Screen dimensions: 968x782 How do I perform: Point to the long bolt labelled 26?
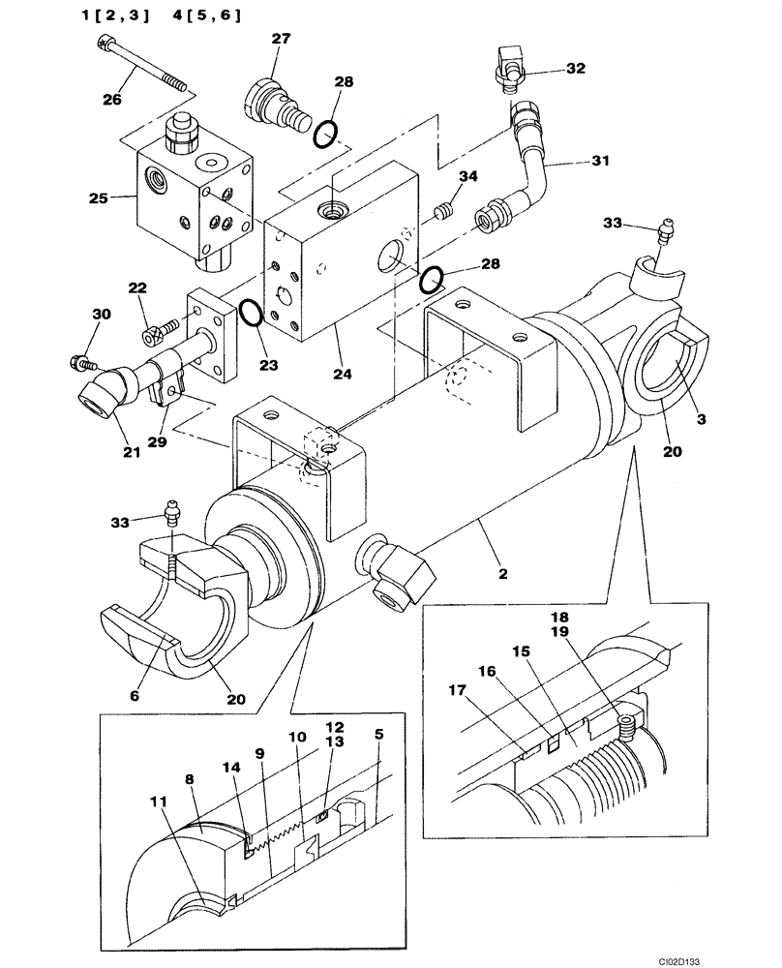(145, 63)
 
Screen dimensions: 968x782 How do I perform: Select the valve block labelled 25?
(194, 198)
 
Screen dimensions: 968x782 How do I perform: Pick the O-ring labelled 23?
(250, 312)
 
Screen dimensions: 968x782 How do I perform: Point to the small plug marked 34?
(445, 209)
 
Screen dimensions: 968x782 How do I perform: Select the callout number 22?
(138, 288)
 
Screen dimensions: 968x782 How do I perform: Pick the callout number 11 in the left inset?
(157, 802)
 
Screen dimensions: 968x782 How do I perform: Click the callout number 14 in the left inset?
(230, 767)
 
